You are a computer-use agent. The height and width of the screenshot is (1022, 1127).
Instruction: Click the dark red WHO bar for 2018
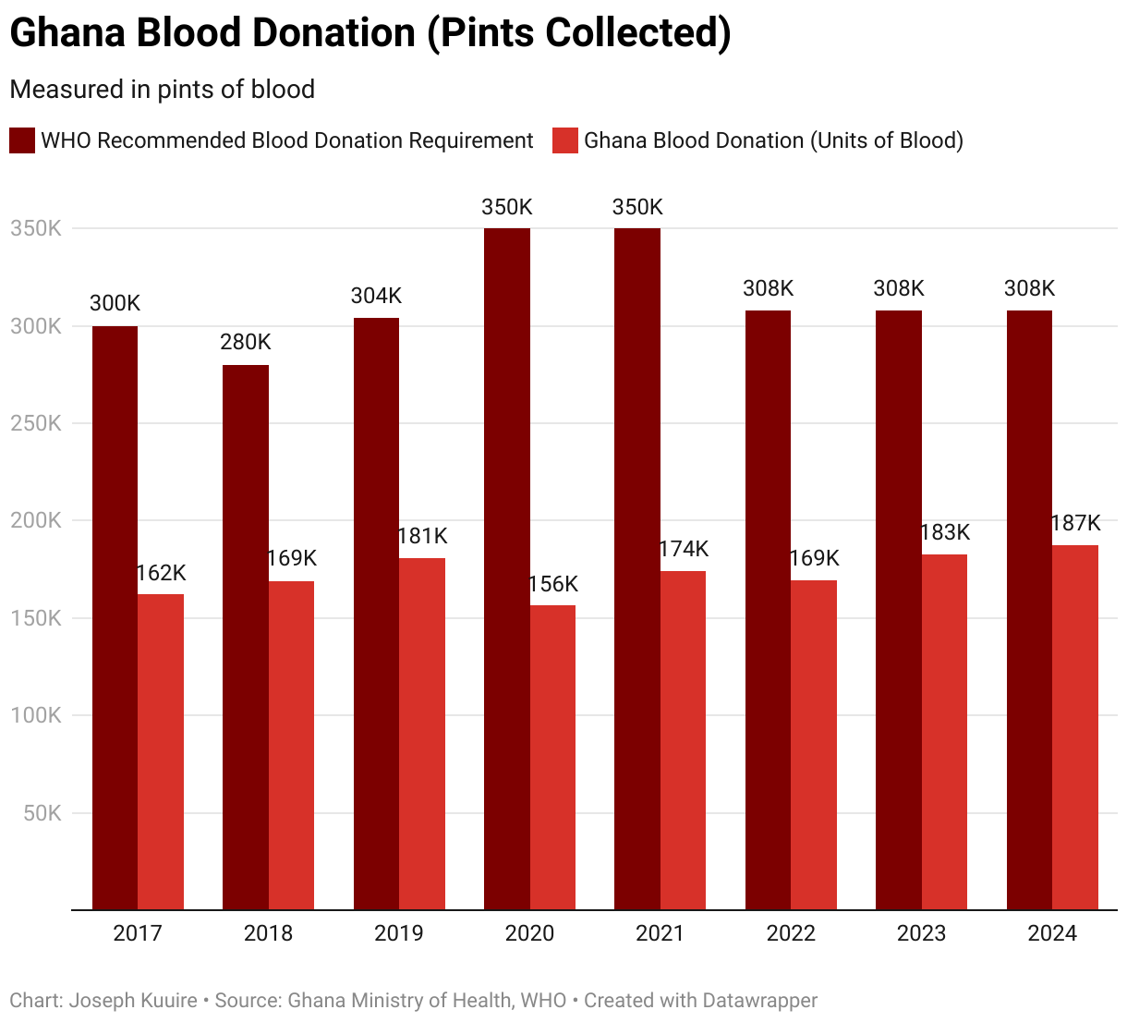pos(245,638)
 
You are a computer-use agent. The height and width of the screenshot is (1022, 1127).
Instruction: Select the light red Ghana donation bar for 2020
pos(552,758)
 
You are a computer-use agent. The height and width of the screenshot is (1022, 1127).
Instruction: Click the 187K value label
pos(1075,524)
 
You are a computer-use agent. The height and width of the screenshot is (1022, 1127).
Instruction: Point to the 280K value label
pos(245,343)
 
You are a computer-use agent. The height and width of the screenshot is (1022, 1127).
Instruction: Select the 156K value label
pos(552,584)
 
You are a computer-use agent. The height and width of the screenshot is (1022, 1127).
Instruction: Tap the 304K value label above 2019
pos(376,296)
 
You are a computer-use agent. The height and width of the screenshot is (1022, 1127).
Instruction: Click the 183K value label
pos(945,532)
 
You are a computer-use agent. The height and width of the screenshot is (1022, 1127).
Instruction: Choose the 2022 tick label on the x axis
pos(791,934)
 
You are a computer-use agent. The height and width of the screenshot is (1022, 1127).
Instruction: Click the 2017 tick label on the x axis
pos(138,934)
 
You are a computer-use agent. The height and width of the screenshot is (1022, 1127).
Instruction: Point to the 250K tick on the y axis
pos(36,423)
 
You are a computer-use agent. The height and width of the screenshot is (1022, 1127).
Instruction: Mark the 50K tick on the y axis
pos(42,813)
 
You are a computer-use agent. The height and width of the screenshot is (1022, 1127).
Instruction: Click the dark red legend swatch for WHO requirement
pos(22,140)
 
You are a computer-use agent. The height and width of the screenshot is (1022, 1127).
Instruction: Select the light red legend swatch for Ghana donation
pos(564,140)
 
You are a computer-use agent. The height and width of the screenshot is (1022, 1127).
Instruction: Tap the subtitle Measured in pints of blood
pos(162,90)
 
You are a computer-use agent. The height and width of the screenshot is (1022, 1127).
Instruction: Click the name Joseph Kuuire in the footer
pos(134,1001)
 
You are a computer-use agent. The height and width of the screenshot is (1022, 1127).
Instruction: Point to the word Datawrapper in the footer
pos(759,1001)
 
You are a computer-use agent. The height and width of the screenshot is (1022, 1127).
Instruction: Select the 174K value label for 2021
pos(684,549)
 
